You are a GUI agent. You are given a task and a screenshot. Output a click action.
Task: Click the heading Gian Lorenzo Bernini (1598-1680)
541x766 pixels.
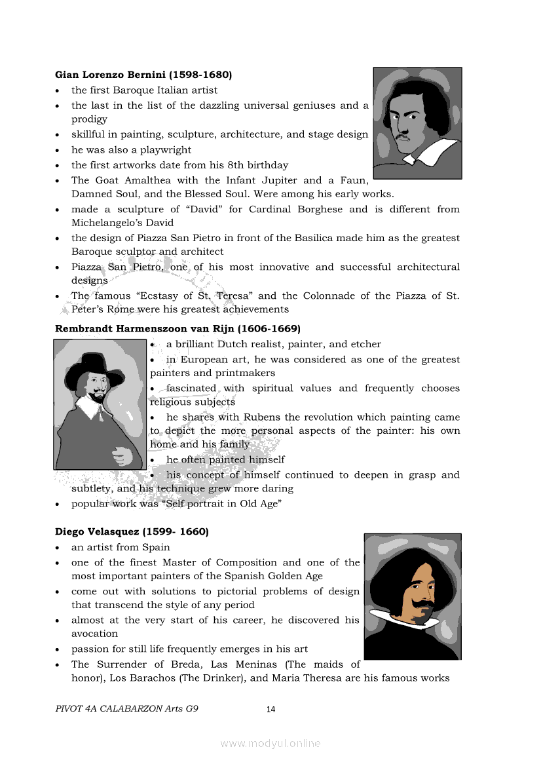click(143, 75)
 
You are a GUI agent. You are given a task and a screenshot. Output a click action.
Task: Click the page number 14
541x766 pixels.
click(270, 709)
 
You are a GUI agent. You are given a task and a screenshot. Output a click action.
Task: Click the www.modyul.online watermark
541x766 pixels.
click(270, 743)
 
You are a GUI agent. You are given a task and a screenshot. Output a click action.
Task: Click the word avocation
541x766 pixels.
click(94, 634)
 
